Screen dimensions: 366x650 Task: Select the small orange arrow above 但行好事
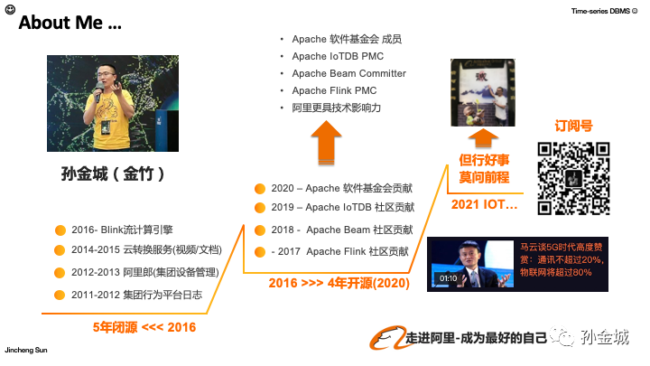485,136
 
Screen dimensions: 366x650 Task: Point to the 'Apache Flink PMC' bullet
334,90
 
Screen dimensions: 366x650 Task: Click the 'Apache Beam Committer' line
348,73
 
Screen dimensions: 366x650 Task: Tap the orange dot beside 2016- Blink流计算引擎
60,230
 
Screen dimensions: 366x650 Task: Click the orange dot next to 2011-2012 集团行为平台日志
60,294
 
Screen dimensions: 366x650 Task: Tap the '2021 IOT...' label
485,205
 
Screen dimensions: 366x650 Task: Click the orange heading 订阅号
572,127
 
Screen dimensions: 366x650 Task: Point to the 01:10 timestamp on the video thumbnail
448,278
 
